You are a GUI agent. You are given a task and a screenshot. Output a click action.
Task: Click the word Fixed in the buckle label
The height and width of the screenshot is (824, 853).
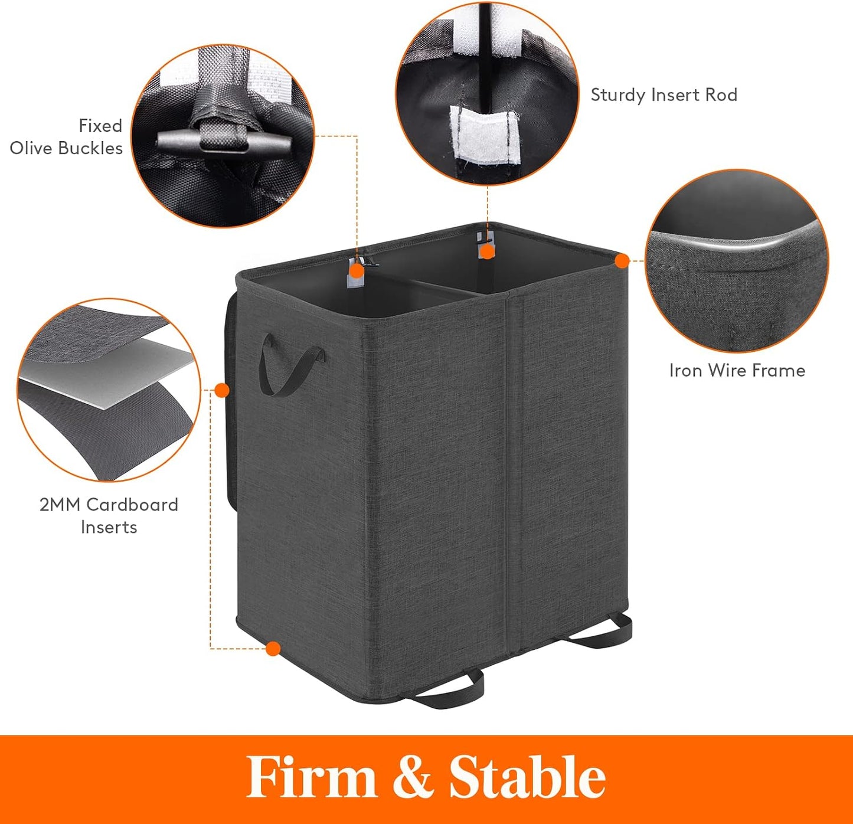coord(100,126)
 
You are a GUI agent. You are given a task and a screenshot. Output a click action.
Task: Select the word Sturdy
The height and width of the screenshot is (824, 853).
coord(619,95)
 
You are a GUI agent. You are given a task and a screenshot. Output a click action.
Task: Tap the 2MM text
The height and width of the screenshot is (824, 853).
coord(60,505)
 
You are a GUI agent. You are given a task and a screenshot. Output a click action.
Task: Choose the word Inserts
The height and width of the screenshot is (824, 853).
coord(109,527)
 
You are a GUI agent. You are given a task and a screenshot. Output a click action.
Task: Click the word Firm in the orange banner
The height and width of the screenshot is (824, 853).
coord(312,777)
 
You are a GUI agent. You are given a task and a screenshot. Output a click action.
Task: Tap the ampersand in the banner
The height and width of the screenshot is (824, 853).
coord(413,777)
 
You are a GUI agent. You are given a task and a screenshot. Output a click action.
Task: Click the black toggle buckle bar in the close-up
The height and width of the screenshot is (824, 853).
coord(224,142)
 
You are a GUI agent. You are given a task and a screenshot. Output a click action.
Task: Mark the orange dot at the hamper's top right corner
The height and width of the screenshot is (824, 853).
coord(622,261)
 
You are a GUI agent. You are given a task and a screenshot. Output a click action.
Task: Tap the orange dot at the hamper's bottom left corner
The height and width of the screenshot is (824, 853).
coord(273,649)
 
